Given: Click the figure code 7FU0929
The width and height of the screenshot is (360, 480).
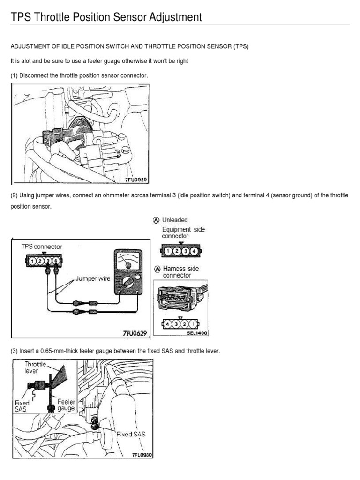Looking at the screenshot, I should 136,179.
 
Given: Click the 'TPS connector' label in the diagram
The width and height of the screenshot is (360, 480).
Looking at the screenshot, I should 42,247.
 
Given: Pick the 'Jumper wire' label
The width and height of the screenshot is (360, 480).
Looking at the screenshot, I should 92,278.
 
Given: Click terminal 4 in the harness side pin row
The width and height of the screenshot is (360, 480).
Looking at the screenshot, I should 167,323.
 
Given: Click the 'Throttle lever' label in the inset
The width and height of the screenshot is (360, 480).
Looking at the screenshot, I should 36,366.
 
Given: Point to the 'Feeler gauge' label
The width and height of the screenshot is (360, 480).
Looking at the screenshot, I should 67,405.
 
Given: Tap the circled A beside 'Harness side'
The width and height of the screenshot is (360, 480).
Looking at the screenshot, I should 157,269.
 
